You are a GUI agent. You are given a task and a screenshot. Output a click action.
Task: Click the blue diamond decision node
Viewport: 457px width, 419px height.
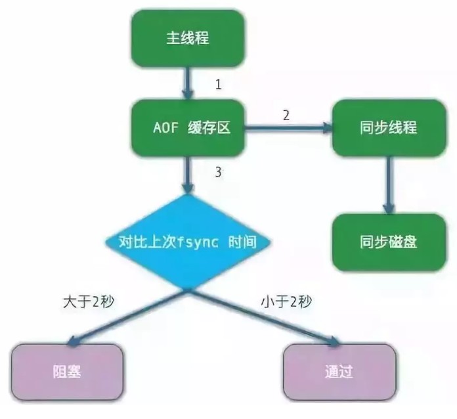point(188,242)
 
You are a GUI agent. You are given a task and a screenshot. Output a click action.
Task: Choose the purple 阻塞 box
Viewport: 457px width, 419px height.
point(66,372)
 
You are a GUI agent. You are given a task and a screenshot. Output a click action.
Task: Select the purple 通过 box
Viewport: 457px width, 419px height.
point(339,372)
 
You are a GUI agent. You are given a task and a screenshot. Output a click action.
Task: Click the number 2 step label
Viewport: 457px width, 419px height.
point(286,116)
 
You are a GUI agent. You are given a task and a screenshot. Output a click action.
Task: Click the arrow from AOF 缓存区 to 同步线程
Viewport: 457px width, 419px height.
point(289,129)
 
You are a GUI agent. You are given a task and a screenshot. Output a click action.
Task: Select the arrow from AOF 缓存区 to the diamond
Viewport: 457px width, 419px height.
point(188,174)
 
